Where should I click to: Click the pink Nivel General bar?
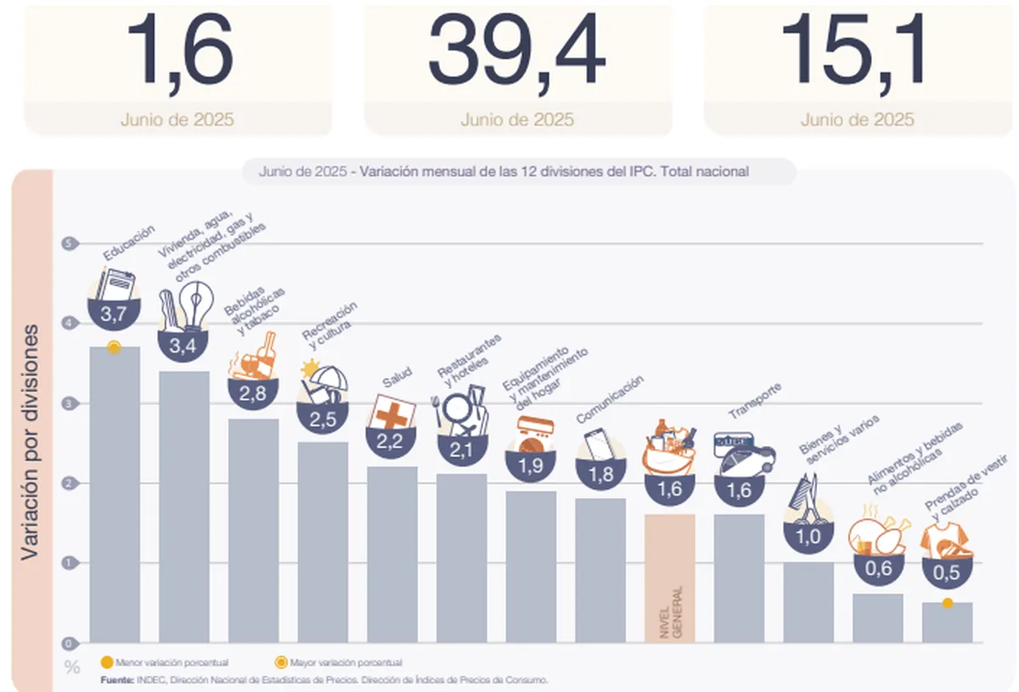670,577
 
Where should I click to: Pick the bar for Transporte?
739,577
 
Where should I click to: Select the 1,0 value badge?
808,536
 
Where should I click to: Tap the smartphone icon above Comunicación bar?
600,445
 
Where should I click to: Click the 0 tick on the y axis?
66,643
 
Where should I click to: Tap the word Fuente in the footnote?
116,679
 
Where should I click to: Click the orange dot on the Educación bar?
115,347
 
